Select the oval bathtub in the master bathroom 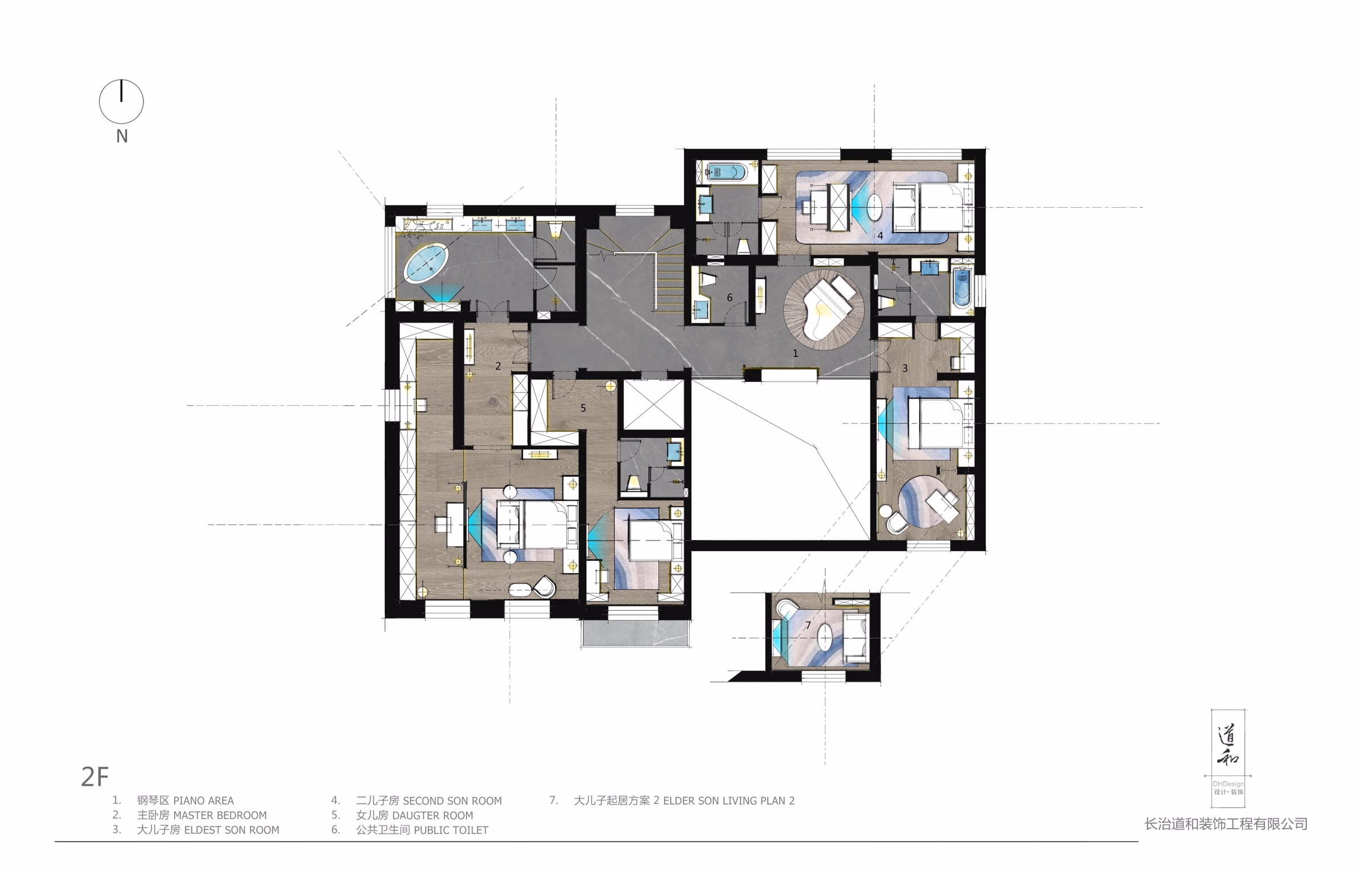pyautogui.click(x=426, y=262)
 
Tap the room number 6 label pyautogui.click(x=729, y=297)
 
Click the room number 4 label pyautogui.click(x=880, y=235)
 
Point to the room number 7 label pyautogui.click(x=808, y=626)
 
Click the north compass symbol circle pyautogui.click(x=121, y=102)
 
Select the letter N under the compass pyautogui.click(x=122, y=136)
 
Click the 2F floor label pyautogui.click(x=95, y=777)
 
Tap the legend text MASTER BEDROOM pyautogui.click(x=220, y=815)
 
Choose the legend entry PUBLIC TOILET pyautogui.click(x=451, y=830)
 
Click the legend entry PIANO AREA pyautogui.click(x=203, y=800)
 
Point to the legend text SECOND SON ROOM pyautogui.click(x=452, y=801)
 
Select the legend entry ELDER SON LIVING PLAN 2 pyautogui.click(x=729, y=801)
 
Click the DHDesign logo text pyautogui.click(x=1228, y=784)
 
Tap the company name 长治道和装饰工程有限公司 pyautogui.click(x=1226, y=824)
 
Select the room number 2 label pyautogui.click(x=498, y=366)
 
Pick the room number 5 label pyautogui.click(x=583, y=408)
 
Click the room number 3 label pyautogui.click(x=905, y=368)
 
